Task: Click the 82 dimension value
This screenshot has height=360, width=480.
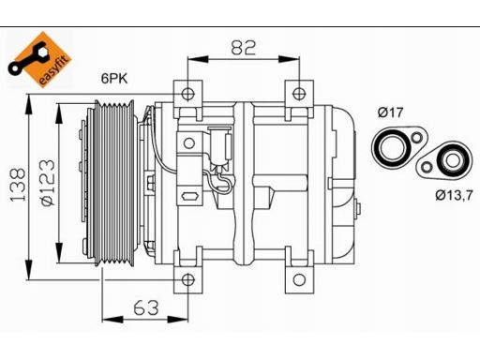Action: [x=244, y=48]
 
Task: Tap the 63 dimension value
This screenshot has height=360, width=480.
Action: [x=146, y=307]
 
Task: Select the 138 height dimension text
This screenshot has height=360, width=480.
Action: [x=18, y=186]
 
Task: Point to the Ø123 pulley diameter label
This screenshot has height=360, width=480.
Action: [x=48, y=183]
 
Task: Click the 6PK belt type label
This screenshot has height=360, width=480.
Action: [x=114, y=79]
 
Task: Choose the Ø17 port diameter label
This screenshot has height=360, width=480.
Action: [x=391, y=112]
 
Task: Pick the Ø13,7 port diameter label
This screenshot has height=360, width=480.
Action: [x=454, y=195]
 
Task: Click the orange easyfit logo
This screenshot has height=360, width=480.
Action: [x=39, y=59]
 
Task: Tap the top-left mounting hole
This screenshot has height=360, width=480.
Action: [x=187, y=94]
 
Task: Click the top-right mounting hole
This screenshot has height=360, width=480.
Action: [x=299, y=94]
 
